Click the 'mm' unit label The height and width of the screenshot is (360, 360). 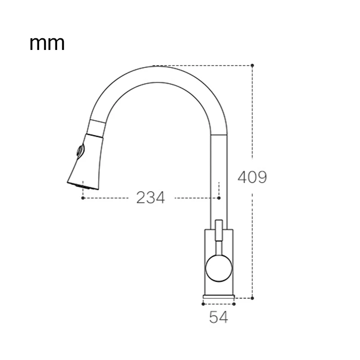click(x=47, y=43)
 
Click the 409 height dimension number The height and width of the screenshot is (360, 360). click(x=252, y=177)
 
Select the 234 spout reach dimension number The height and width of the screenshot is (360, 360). click(x=150, y=198)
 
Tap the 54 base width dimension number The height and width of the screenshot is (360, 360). click(x=218, y=317)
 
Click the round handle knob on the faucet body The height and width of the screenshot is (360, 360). click(x=219, y=268)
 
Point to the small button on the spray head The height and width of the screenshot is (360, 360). click(x=80, y=151)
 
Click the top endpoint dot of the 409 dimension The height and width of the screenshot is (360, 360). click(x=252, y=65)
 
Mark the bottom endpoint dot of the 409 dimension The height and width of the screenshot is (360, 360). click(x=252, y=298)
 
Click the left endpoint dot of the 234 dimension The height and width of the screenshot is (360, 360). click(x=83, y=198)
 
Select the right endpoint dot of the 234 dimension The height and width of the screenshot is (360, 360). click(x=219, y=198)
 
